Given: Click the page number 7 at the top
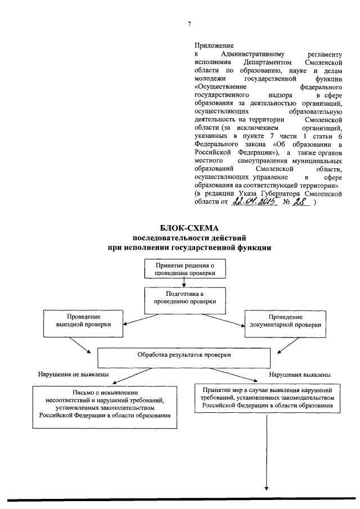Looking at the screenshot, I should click(x=190, y=24).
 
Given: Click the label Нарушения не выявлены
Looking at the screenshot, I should click(x=73, y=374).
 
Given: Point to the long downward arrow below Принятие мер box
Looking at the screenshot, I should click(x=267, y=450).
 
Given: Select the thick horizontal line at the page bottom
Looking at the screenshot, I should click(x=180, y=499).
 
